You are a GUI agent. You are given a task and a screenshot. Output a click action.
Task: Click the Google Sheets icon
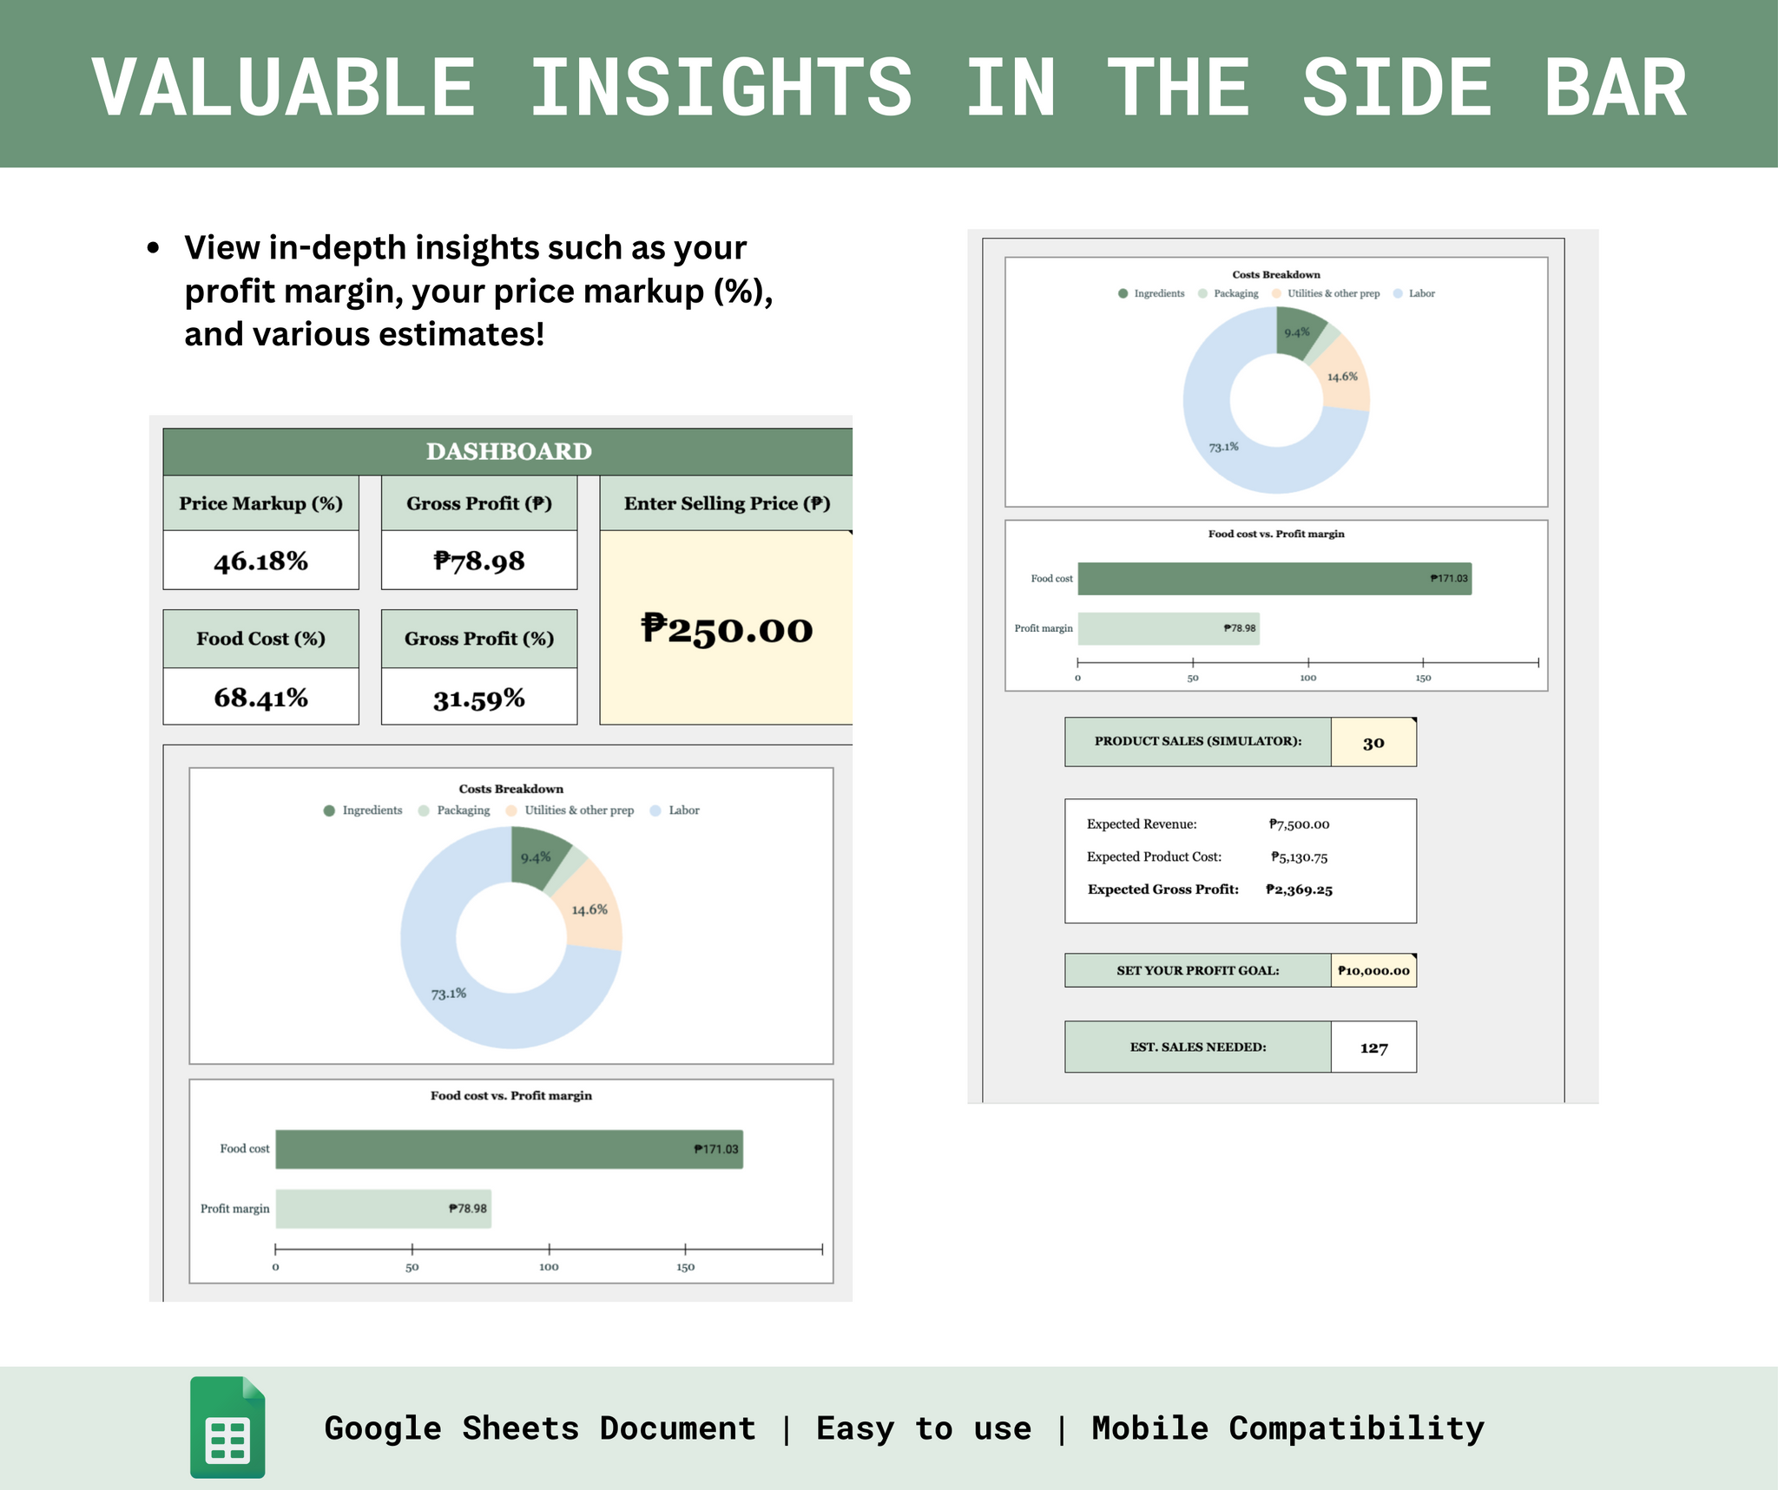[x=227, y=1427]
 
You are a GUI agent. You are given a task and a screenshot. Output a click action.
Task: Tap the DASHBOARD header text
[x=509, y=451]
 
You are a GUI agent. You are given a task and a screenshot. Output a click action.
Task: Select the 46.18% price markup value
[x=260, y=561]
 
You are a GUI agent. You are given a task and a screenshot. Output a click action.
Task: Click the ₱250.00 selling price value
[x=727, y=629]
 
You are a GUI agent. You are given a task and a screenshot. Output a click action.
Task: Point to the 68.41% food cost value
[x=260, y=697]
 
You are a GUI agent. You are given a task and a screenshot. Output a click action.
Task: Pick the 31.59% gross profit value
[x=479, y=698]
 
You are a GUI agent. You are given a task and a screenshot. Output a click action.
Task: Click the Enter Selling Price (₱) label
[x=727, y=503]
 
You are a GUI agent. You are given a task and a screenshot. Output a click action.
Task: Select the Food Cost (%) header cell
[x=260, y=639]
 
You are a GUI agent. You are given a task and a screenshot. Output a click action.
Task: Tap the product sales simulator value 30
[x=1373, y=743]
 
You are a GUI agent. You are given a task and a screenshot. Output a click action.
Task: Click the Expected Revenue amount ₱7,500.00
[x=1299, y=824]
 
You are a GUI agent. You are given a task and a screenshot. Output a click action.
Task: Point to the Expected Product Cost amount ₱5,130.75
[x=1299, y=857]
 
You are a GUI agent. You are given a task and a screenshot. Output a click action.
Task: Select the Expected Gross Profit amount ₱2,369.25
[x=1299, y=889]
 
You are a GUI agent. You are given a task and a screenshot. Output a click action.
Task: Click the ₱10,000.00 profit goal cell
[x=1373, y=970]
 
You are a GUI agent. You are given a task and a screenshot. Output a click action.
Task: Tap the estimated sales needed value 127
[x=1373, y=1047]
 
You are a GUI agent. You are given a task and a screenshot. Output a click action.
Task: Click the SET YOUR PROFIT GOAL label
[x=1198, y=970]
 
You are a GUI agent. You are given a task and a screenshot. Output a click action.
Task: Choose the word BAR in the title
[x=1615, y=87]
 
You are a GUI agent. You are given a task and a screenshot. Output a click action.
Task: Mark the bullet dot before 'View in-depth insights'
[x=154, y=248]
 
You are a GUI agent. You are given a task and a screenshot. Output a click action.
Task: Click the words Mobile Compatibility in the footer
[x=1287, y=1428]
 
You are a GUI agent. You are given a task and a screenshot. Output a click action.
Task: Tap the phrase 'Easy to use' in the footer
[x=924, y=1428]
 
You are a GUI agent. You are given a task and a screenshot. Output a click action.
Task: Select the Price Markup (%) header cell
[x=260, y=503]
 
